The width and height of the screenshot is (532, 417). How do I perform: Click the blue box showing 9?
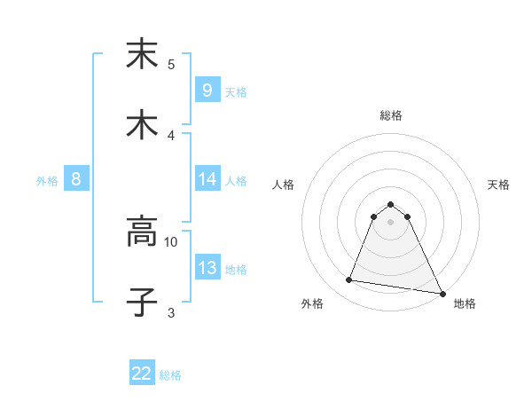(207, 90)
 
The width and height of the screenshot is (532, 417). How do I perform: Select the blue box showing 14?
(207, 179)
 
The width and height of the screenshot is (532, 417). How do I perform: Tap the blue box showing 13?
(207, 268)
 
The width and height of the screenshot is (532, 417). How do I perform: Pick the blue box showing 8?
(76, 179)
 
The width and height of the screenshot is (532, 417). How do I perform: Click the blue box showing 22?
(142, 374)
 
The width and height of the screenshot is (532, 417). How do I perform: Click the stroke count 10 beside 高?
(171, 240)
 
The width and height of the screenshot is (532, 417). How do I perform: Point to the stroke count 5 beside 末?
(171, 64)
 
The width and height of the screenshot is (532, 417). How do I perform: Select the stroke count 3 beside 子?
(171, 312)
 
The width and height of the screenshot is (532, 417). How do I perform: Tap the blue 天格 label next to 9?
(236, 91)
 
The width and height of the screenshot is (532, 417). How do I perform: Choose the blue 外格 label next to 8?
(47, 180)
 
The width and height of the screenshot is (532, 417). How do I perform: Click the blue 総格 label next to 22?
(171, 375)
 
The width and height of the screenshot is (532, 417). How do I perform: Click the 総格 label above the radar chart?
(391, 115)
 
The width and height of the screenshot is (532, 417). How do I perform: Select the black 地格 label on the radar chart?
(465, 303)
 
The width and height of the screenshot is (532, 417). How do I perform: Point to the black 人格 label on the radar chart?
(284, 185)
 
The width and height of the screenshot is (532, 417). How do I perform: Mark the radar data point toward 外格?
(349, 280)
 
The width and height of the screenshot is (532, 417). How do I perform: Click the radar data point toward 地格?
(441, 292)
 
